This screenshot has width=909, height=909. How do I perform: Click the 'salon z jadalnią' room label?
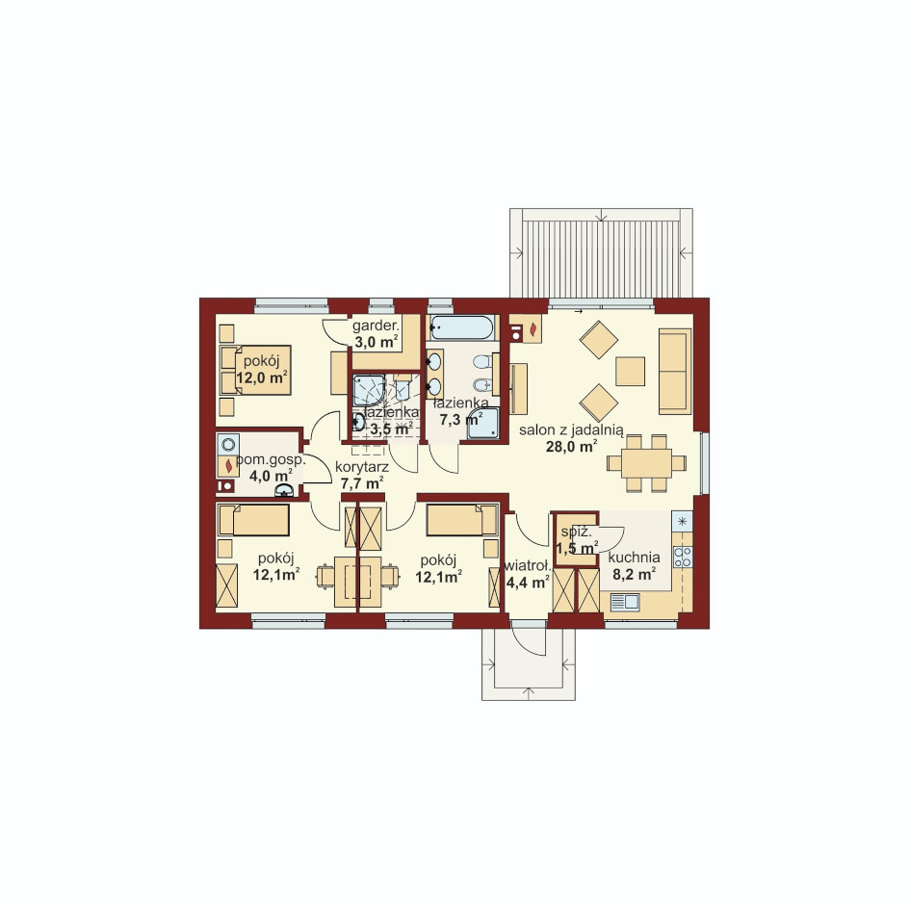point(571,430)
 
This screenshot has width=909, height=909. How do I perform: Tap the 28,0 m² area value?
point(572,447)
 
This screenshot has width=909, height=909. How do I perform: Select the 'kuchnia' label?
point(635,558)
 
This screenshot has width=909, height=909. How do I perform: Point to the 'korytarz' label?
point(362,467)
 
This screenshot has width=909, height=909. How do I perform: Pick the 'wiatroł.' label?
point(528,566)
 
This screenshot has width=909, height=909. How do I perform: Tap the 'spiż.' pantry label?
point(576,532)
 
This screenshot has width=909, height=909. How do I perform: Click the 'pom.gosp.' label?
point(271,460)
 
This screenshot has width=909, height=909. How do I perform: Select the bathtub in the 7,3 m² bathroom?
point(462,327)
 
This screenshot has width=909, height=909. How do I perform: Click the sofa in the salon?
point(675,371)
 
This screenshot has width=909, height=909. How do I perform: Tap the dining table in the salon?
point(646,463)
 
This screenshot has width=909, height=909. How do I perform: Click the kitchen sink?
point(624,603)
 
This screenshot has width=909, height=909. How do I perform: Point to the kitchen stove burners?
point(683,557)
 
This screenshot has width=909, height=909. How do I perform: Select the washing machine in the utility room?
point(228,445)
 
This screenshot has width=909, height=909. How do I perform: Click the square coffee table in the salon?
point(630,372)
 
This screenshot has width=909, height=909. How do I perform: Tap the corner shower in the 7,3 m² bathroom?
point(483,423)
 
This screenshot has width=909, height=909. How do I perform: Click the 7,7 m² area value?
point(362,482)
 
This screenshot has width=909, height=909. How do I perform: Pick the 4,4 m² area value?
point(528,582)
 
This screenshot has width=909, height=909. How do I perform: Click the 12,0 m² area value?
point(263,377)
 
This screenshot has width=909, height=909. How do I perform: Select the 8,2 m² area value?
point(635,573)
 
